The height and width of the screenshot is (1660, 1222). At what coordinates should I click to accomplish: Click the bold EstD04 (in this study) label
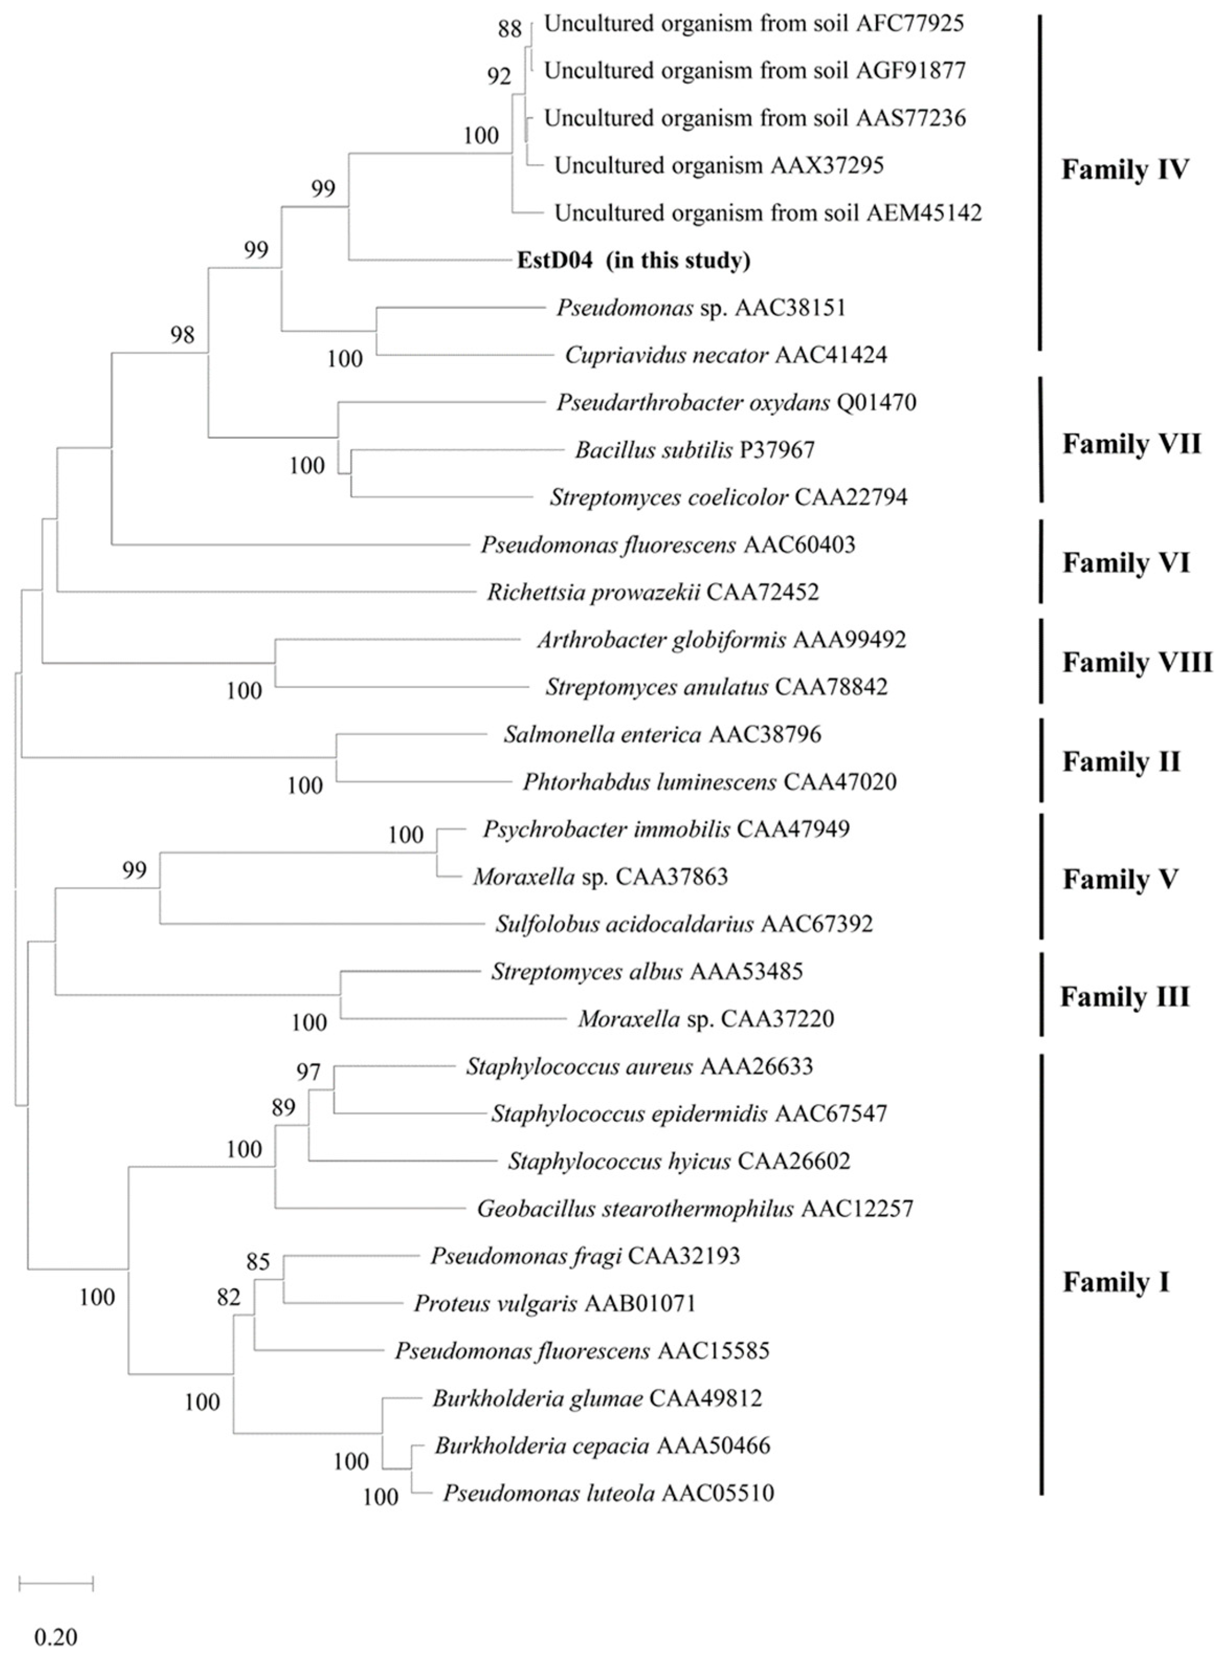tap(633, 260)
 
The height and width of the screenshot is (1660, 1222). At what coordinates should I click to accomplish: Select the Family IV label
tap(1124, 170)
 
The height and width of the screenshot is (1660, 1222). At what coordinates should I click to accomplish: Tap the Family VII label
tap(1131, 444)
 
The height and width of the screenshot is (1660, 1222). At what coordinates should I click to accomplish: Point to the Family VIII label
tap(1137, 662)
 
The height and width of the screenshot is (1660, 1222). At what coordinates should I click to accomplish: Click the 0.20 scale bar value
tap(55, 1636)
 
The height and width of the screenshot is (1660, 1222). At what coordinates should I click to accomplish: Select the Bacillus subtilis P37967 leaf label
tap(694, 450)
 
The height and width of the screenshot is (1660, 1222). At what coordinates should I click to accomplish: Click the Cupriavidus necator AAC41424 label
tap(725, 355)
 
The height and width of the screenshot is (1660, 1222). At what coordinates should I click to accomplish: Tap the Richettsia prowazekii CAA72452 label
tap(653, 592)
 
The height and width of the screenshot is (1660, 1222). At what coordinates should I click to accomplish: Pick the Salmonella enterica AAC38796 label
tap(662, 734)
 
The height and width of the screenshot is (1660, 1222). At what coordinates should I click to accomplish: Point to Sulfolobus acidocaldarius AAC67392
tap(683, 924)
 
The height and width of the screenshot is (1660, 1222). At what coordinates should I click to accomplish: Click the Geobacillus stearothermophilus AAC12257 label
tap(694, 1209)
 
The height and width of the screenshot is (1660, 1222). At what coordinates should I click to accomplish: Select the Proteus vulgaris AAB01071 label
tap(555, 1304)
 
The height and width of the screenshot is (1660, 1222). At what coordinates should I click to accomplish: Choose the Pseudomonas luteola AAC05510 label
tap(608, 1493)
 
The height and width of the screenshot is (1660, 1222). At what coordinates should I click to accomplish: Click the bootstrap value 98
tap(182, 335)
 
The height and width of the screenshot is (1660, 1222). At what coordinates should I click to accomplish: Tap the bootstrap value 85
tap(257, 1261)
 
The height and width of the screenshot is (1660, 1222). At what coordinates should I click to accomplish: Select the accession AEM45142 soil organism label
tap(768, 213)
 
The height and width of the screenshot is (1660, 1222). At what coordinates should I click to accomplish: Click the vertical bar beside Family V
tap(1041, 877)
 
